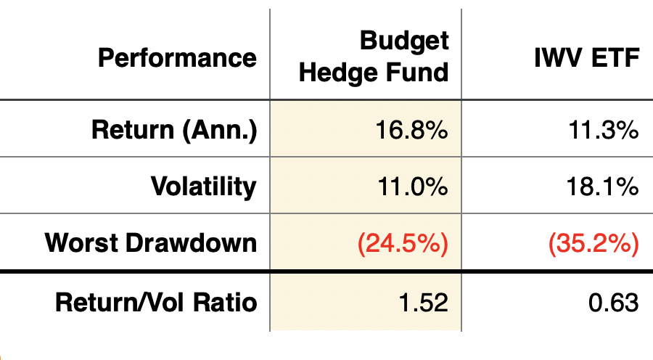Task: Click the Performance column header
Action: (178, 57)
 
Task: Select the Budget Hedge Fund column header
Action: (374, 57)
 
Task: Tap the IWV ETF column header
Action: (587, 57)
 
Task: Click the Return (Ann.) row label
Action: (174, 130)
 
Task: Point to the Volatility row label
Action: (204, 186)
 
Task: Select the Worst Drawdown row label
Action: (151, 242)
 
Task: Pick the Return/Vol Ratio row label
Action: (156, 302)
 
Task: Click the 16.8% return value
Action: (412, 130)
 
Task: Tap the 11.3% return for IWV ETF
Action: (604, 130)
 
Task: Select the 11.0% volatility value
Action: (413, 187)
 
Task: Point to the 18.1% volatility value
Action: (603, 187)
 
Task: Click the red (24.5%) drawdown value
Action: (403, 243)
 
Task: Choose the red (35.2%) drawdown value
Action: (594, 243)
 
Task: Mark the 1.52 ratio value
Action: (424, 303)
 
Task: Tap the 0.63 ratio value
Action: (613, 303)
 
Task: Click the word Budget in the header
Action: (404, 41)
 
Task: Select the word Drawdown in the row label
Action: (191, 242)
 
